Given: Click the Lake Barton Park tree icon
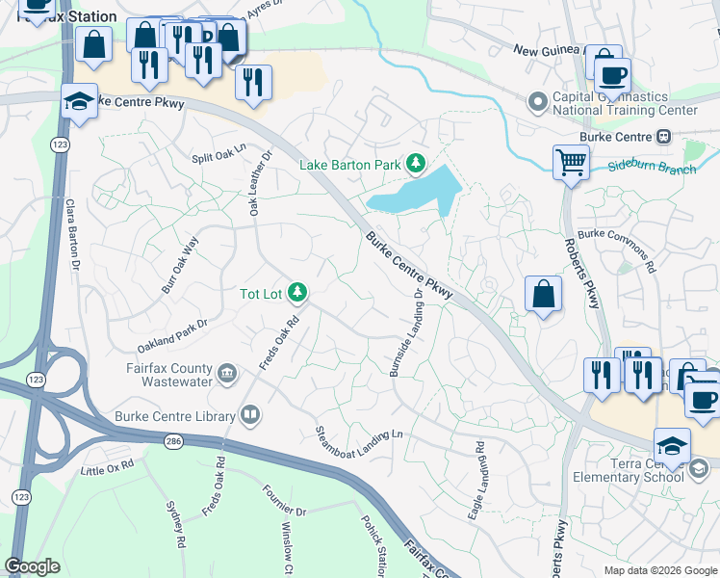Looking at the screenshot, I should [x=415, y=164].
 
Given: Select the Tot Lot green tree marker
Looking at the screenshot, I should [x=298, y=291].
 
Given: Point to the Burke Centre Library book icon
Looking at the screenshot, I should [x=250, y=415].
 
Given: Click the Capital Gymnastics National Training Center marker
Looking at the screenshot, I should [x=537, y=100].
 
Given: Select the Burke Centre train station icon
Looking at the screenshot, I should [x=663, y=137].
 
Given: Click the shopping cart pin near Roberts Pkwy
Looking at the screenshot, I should [x=571, y=162].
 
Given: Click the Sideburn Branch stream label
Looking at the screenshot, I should [x=652, y=168].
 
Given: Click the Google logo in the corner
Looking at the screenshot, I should [x=33, y=566].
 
